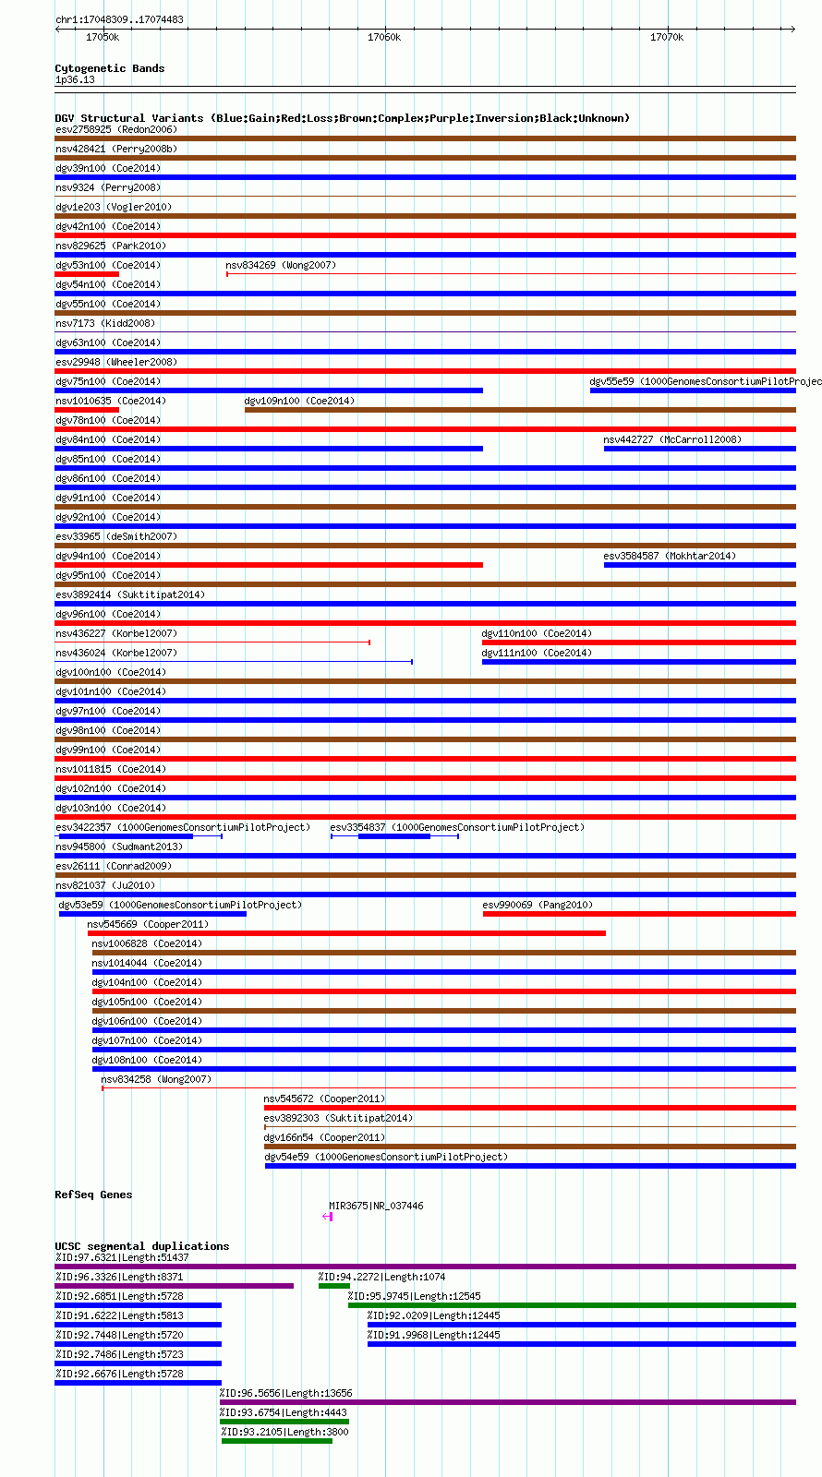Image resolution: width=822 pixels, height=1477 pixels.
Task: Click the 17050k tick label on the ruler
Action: (x=103, y=37)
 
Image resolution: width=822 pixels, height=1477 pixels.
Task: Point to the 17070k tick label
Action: (x=666, y=37)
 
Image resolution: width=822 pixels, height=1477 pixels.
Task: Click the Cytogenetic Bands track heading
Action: (x=109, y=68)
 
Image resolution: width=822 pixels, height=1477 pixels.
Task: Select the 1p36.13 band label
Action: (x=75, y=79)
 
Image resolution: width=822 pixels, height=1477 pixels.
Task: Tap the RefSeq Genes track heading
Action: (x=93, y=1195)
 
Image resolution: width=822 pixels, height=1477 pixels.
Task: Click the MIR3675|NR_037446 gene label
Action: (x=376, y=1206)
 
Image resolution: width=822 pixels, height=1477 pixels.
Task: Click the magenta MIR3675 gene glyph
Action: (x=327, y=1217)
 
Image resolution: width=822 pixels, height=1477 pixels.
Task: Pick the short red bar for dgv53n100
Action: (x=87, y=274)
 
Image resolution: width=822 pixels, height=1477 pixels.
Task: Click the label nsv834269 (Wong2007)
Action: (x=281, y=265)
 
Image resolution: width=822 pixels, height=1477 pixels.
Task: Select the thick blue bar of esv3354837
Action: (x=393, y=836)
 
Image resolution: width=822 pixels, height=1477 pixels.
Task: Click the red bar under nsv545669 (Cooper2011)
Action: (x=346, y=933)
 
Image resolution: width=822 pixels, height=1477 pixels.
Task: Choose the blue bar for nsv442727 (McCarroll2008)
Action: (x=699, y=449)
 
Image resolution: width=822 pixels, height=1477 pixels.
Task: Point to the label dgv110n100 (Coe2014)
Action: (x=537, y=633)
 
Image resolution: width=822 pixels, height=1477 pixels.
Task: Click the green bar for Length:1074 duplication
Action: (x=334, y=1286)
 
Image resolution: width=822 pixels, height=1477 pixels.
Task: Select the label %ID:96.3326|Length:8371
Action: (x=119, y=1277)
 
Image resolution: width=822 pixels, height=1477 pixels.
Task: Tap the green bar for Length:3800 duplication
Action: (x=276, y=1441)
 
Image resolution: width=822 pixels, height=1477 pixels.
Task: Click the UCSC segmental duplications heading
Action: (x=141, y=1246)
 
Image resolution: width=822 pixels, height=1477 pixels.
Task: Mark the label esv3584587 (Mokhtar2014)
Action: (x=670, y=556)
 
